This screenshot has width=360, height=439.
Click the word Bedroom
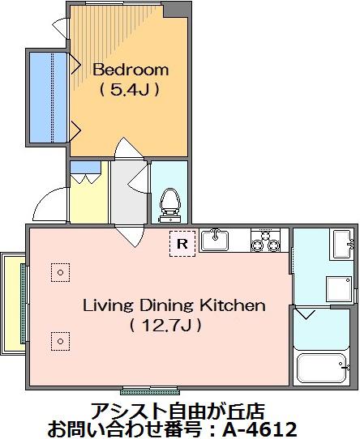(x=131, y=70)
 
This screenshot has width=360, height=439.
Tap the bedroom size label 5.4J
(x=130, y=90)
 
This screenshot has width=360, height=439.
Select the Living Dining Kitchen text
(x=174, y=305)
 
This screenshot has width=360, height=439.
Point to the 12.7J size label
(x=165, y=326)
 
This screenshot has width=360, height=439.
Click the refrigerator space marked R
(x=182, y=244)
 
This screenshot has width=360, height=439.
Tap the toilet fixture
(x=169, y=205)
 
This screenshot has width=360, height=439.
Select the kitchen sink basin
(x=215, y=240)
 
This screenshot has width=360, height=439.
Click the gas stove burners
(x=265, y=241)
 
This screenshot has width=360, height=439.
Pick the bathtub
(x=321, y=369)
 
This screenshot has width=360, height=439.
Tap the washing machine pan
(x=339, y=289)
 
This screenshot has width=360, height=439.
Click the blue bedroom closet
(x=48, y=97)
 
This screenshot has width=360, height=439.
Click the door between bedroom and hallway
(x=129, y=149)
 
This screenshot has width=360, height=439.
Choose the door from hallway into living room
(x=130, y=236)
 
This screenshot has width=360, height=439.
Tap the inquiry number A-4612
(x=260, y=428)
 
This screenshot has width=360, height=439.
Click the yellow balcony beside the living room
(x=13, y=303)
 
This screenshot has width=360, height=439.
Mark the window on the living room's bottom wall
(x=150, y=390)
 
